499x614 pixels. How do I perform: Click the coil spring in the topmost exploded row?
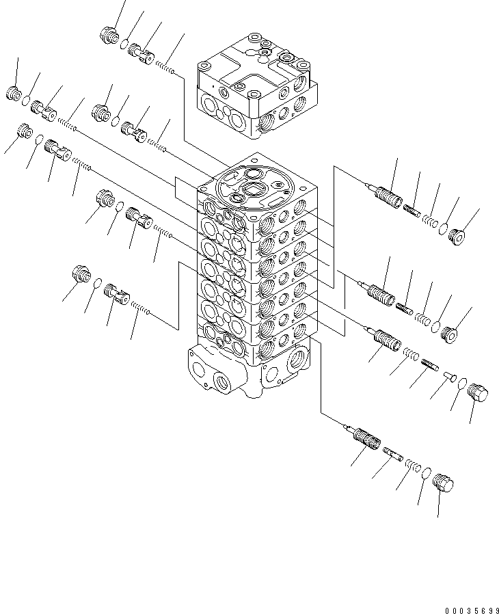(166, 66)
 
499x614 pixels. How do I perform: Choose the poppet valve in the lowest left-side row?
(116, 296)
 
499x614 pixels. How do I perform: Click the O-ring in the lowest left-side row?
(97, 284)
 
